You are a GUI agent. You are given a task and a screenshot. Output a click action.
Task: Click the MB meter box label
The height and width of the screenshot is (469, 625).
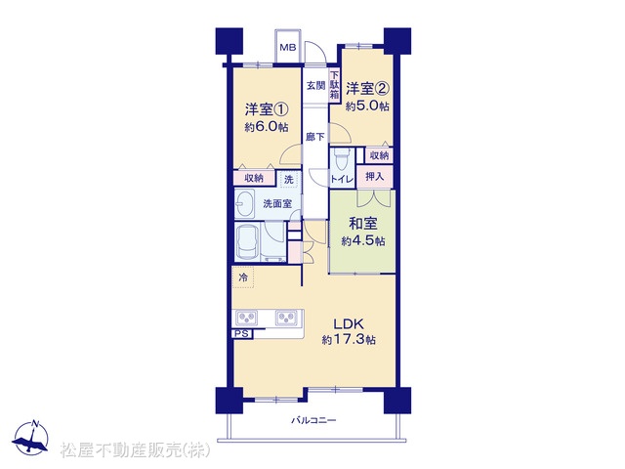coord(288,48)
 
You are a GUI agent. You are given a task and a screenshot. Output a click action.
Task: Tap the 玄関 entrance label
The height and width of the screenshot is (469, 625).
coord(315,86)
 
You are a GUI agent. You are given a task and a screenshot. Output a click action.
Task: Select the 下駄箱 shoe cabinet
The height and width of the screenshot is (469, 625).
coord(334,85)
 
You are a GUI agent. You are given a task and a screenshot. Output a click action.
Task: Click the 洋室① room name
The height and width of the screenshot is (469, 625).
coord(267,108)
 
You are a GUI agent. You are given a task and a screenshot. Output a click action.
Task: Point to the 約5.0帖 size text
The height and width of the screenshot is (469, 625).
coord(367,107)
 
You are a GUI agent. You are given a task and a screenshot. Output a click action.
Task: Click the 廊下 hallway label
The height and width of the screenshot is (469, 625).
coord(315,137)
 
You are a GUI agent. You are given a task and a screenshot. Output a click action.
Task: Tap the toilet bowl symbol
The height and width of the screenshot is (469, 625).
coord(341,158)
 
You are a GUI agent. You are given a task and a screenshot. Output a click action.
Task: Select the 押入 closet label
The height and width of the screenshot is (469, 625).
coord(375,176)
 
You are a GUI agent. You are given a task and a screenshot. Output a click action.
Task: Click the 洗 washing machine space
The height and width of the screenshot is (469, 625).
coord(289,179)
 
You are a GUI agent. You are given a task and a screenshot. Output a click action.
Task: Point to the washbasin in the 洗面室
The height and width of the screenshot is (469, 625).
coord(244,203)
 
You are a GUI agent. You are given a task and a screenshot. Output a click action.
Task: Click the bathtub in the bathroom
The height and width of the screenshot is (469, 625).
coord(247,242)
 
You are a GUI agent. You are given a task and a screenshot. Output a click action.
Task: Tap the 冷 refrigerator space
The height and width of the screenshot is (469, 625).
coord(243,277)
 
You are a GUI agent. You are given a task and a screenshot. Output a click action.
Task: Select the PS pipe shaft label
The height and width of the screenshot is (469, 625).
coord(241,334)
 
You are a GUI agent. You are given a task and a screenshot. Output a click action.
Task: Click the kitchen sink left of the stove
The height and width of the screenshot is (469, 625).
coord(247,318)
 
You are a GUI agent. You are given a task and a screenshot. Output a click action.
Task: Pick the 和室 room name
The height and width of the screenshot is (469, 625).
coord(362,224)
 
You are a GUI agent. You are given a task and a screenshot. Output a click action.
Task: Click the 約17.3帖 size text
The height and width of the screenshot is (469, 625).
coord(349,340)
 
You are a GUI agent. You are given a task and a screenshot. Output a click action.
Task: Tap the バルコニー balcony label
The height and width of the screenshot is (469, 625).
coord(313,420)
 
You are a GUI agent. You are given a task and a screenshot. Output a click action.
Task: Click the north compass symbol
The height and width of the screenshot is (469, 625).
coord(31,438)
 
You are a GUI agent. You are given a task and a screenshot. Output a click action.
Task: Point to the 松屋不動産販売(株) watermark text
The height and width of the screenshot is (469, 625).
coord(136,449)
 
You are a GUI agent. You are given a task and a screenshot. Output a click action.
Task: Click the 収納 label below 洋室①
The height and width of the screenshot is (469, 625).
coord(254,178)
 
